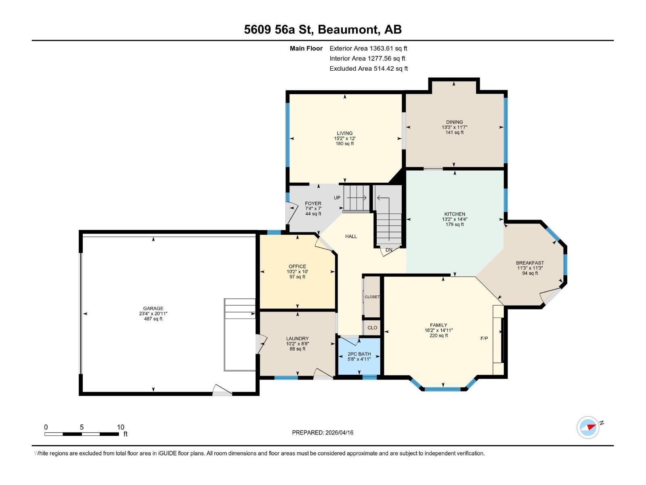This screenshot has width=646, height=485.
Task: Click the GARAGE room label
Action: coord(153,308)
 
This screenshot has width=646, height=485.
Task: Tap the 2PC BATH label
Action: coord(359,354)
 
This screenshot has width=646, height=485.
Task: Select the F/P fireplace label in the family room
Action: coord(484,338)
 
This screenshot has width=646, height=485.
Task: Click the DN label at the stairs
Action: coord(389,250)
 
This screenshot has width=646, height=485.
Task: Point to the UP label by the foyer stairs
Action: coord(337,198)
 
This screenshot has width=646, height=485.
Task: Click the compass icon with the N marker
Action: coord(588,427)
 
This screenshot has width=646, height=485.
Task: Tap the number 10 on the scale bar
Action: coord(120,427)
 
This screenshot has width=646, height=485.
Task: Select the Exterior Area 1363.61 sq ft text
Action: coord(368,48)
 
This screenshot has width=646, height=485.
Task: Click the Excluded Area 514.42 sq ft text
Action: coord(368,69)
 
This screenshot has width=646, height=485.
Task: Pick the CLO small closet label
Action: coord(372,328)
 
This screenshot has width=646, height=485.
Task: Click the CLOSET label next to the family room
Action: coord(372,297)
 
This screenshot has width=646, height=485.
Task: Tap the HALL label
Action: coord(351,236)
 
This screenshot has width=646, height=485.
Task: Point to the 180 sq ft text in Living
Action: coord(345,143)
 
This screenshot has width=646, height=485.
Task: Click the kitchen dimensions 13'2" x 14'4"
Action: coord(455,219)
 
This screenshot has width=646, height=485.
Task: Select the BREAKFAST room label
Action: coord(530,263)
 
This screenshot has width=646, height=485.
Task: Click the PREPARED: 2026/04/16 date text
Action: coord(323,432)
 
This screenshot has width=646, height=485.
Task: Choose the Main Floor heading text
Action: coord(306,48)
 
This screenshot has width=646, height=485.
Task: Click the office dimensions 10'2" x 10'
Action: coord(297,272)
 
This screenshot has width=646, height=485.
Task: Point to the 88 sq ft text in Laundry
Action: coord(298,349)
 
